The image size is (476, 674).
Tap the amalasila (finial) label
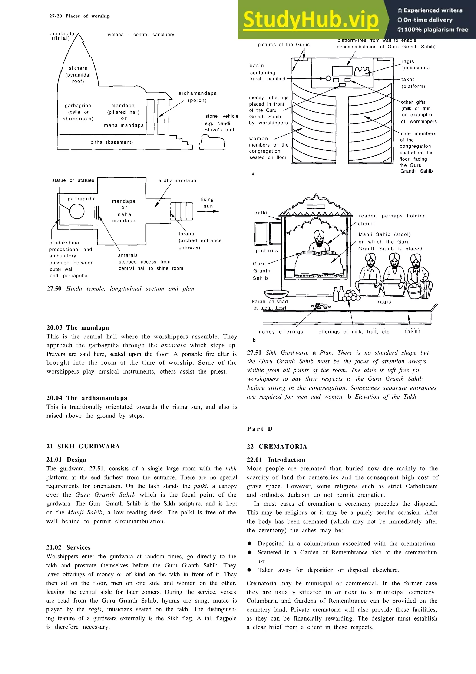tap(62, 36)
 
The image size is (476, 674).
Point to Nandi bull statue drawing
tap(212, 142)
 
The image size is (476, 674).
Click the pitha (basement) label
tap(112, 142)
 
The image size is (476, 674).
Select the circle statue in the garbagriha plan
tap(77, 211)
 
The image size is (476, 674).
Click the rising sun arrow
tap(208, 211)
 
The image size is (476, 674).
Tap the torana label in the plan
tap(187, 234)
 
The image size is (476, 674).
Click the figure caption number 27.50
tap(54, 289)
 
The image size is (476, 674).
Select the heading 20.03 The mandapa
tap(77, 328)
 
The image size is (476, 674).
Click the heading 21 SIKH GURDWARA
tap(83, 447)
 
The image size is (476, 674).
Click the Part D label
tap(260, 429)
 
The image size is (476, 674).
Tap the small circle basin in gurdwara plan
tap(328, 78)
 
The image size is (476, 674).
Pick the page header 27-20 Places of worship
tap(79, 16)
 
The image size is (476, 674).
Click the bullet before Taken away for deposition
tap(249, 570)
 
